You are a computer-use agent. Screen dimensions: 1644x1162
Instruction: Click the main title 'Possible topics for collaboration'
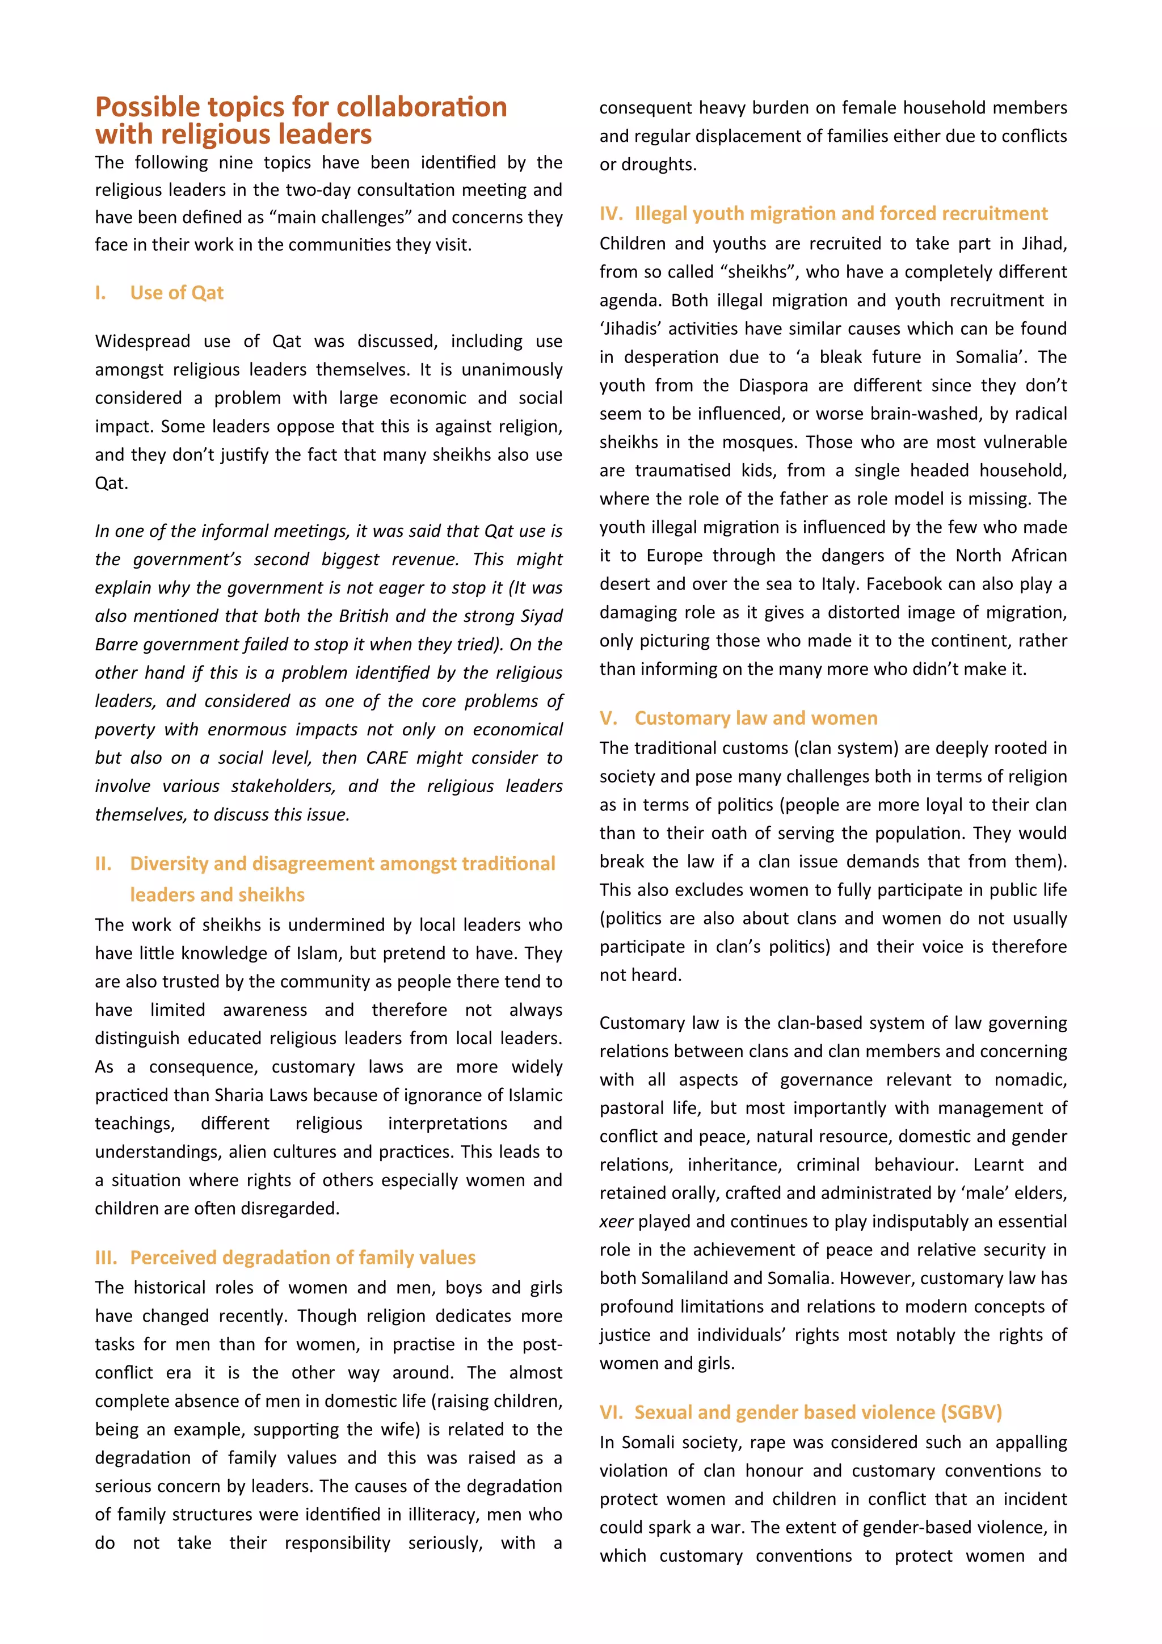(x=301, y=107)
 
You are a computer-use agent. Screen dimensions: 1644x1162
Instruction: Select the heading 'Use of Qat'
(x=177, y=293)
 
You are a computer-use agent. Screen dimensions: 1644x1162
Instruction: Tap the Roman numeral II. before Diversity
(x=103, y=864)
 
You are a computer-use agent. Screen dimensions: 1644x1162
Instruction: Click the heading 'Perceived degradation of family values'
(x=302, y=1258)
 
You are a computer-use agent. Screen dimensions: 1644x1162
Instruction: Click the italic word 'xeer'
(x=616, y=1222)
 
